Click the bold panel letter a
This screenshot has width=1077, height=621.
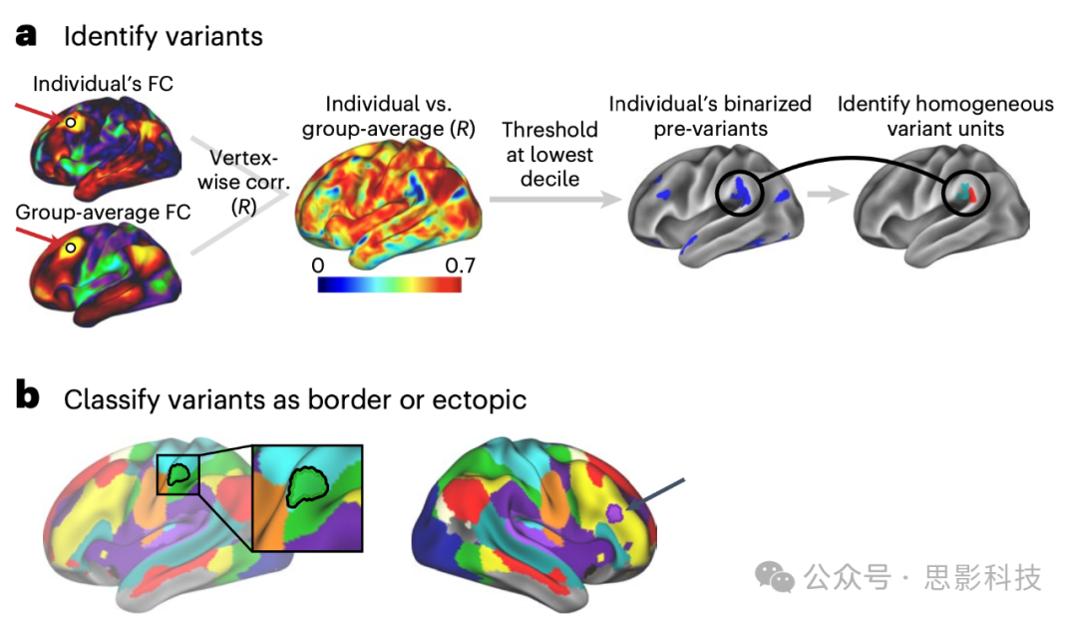pos(26,35)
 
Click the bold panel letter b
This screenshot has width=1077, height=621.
pos(27,396)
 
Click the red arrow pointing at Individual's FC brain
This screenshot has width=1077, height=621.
pos(40,112)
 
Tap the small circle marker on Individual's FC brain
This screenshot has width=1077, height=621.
pos(69,122)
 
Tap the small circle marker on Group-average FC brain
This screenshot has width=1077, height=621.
pos(70,247)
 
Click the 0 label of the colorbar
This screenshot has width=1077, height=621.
pos(318,266)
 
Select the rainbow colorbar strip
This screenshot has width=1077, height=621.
pos(389,285)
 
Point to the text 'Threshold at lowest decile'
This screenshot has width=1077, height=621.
pos(549,155)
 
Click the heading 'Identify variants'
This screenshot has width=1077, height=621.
pos(164,38)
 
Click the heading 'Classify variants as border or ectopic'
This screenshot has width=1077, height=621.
pos(295,398)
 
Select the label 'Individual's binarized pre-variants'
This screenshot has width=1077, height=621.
pos(710,117)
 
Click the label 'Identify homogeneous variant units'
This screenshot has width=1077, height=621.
pos(945,117)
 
